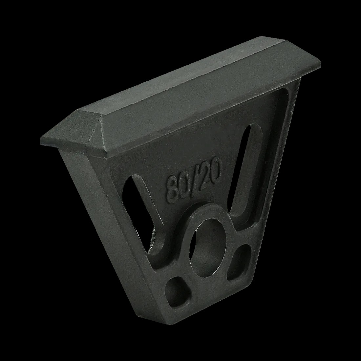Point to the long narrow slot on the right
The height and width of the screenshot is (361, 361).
[241, 165]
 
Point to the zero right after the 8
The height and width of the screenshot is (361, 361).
[184, 186]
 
